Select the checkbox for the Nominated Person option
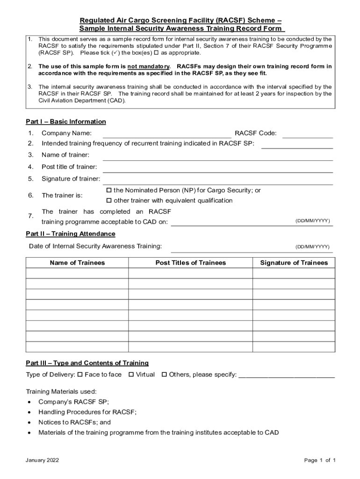pyautogui.click(x=109, y=190)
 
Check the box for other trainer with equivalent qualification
pyautogui.click(x=109, y=201)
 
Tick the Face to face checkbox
pyautogui.click(x=80, y=374)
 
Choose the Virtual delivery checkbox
pyautogui.click(x=131, y=374)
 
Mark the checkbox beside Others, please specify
pyautogui.click(x=165, y=374)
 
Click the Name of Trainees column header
pyautogui.click(x=77, y=263)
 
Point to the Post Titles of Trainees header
pyautogui.click(x=190, y=263)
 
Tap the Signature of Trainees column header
pyautogui.click(x=294, y=263)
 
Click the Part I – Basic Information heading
pyautogui.click(x=66, y=122)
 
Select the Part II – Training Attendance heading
pyautogui.click(x=71, y=234)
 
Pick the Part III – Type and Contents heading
pyautogui.click(x=87, y=363)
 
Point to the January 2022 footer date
pyautogui.click(x=43, y=460)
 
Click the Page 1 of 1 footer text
pyautogui.click(x=320, y=460)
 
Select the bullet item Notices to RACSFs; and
pyautogui.click(x=75, y=422)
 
